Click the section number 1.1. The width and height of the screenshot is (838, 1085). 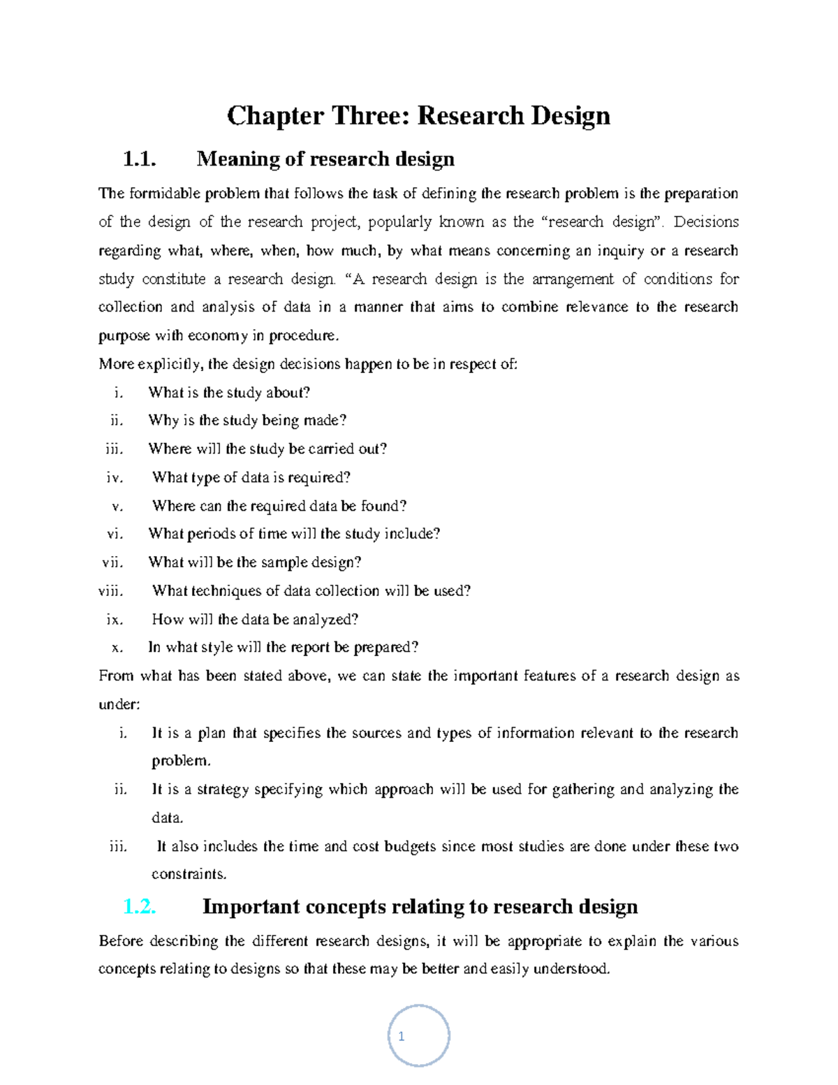(139, 159)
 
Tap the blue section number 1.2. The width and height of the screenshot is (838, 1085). (139, 907)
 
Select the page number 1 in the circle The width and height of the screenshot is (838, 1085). (402, 1037)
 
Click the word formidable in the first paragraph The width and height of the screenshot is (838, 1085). (163, 194)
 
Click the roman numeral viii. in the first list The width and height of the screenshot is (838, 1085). (111, 591)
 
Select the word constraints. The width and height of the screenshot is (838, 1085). (189, 875)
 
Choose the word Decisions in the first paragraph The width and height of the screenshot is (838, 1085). (706, 222)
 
